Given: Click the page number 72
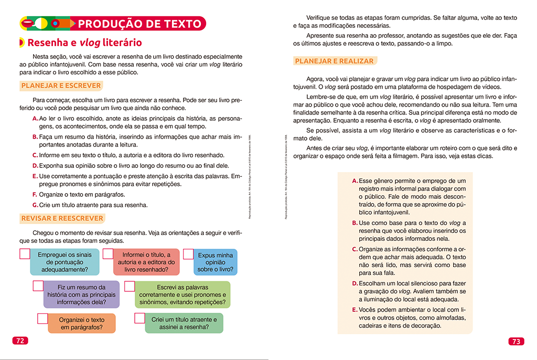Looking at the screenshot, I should pos(20,340).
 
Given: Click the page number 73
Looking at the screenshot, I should pos(516,341).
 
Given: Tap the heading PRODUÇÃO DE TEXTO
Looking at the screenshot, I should pos(139,24).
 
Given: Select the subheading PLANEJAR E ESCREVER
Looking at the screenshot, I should pos(61,86).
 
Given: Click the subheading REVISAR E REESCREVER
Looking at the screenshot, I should pos(62,218).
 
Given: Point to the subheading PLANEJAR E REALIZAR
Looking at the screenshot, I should pos(335,61).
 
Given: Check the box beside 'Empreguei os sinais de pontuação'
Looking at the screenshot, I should pos(25,254).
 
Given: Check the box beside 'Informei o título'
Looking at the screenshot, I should pos(108,254).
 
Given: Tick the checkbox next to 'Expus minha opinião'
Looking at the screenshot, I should pos(189,254).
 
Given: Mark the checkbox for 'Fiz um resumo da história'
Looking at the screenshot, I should pos(38,286).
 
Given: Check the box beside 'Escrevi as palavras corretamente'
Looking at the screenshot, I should pos(129,286).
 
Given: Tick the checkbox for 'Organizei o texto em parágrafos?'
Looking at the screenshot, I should pos(42,319).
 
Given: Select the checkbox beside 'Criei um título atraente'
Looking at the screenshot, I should pos(139,318).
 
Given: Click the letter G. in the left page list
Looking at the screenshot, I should pos(35,205).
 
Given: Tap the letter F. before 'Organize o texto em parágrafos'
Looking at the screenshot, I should pos(35,194).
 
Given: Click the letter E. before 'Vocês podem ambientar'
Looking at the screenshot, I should pos(355,310).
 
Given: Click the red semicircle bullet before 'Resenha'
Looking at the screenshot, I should pos(22,43).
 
